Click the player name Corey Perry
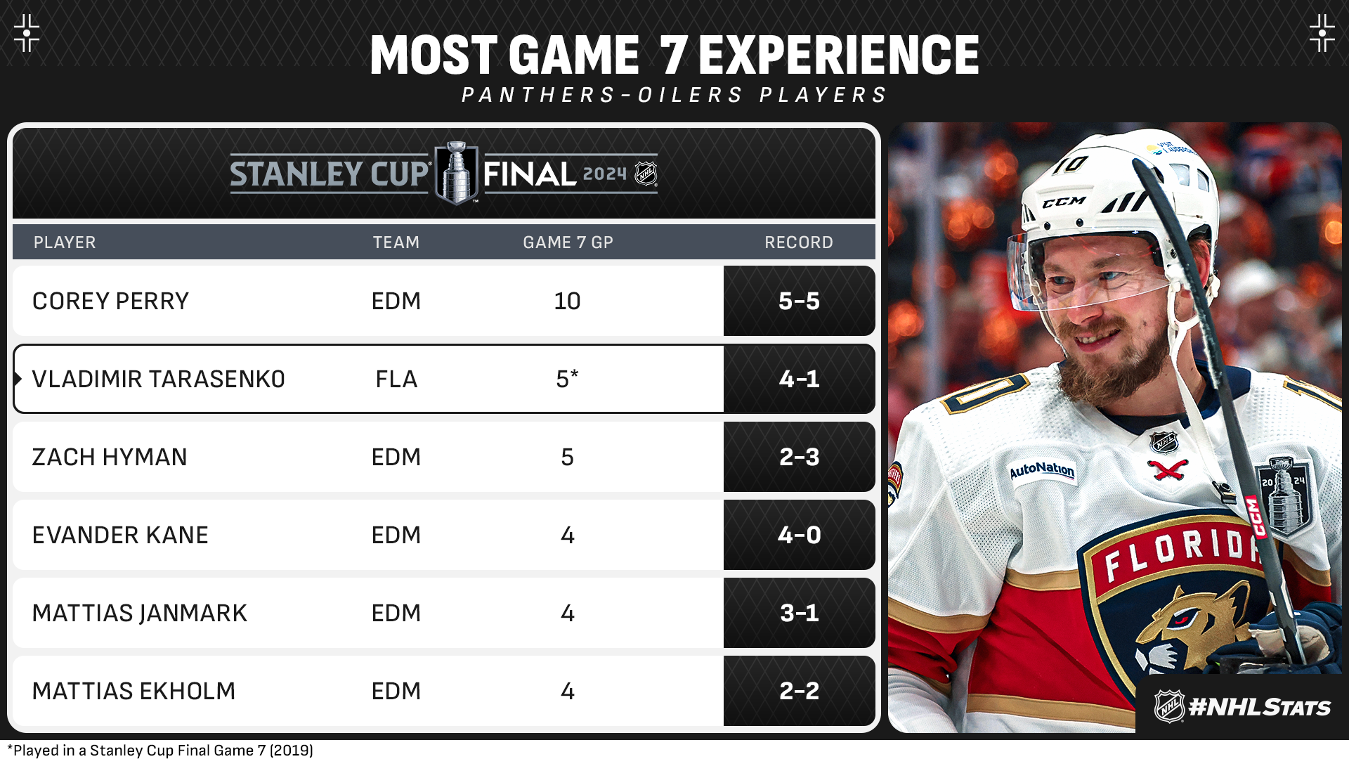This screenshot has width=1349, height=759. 110,301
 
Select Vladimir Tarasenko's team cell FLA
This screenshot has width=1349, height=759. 396,379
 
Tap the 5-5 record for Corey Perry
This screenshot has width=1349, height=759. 799,301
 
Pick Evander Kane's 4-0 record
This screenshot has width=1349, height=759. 799,535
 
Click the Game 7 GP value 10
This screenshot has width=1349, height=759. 567,301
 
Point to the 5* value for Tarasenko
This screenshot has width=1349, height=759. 567,379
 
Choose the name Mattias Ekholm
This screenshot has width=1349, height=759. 133,691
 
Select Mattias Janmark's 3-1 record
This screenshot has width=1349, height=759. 799,613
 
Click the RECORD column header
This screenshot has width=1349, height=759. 799,242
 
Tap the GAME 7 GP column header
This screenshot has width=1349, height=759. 568,242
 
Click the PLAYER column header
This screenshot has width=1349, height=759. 65,242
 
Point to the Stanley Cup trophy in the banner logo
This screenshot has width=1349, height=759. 457,173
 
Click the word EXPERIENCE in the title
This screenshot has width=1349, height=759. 838,55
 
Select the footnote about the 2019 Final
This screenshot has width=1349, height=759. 160,750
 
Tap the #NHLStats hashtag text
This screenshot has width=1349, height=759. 1259,707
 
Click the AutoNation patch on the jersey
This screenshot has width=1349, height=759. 1042,469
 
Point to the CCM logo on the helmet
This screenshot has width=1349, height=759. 1064,202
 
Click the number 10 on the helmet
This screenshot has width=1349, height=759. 1070,165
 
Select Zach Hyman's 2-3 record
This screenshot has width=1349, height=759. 799,457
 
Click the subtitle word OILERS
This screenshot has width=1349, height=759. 690,95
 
